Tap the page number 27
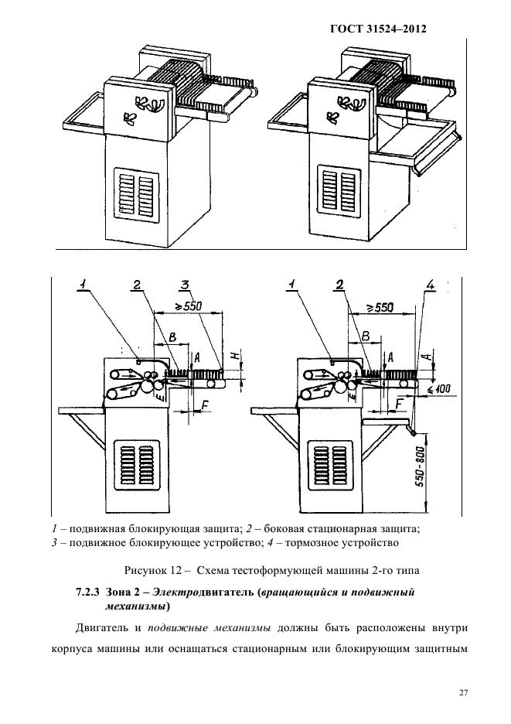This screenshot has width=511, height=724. point(463,692)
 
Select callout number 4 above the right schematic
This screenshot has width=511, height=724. point(431,286)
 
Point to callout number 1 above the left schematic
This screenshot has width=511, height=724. point(82,285)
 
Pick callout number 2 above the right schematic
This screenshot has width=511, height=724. point(339,285)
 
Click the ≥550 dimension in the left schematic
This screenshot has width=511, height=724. point(187,306)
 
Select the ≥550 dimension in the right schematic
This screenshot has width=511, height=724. point(378,307)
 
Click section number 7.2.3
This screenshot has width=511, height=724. point(87,593)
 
